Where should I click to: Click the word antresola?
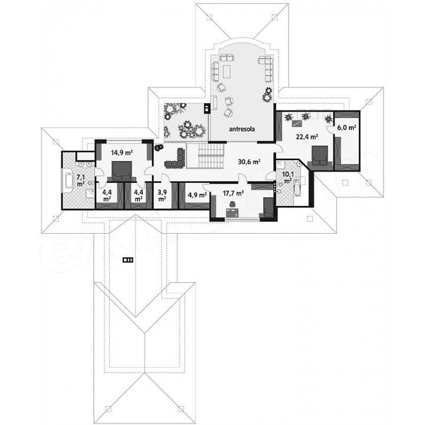tap(242, 129)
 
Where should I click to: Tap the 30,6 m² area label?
tap(249, 162)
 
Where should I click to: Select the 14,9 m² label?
tap(121, 153)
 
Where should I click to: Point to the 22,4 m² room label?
tap(306, 137)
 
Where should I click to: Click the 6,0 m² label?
tap(346, 127)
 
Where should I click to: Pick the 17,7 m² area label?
tap(233, 193)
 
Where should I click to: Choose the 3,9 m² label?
tap(162, 195)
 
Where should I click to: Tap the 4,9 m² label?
tap(197, 195)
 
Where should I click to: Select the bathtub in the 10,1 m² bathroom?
tap(297, 187)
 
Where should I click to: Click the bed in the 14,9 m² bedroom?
tap(122, 171)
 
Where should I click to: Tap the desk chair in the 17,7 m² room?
tap(233, 204)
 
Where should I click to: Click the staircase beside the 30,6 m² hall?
tap(211, 156)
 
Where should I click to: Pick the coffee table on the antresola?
tap(226, 71)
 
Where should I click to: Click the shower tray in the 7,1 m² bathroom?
tap(89, 194)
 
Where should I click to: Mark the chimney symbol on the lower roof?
tap(128, 260)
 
